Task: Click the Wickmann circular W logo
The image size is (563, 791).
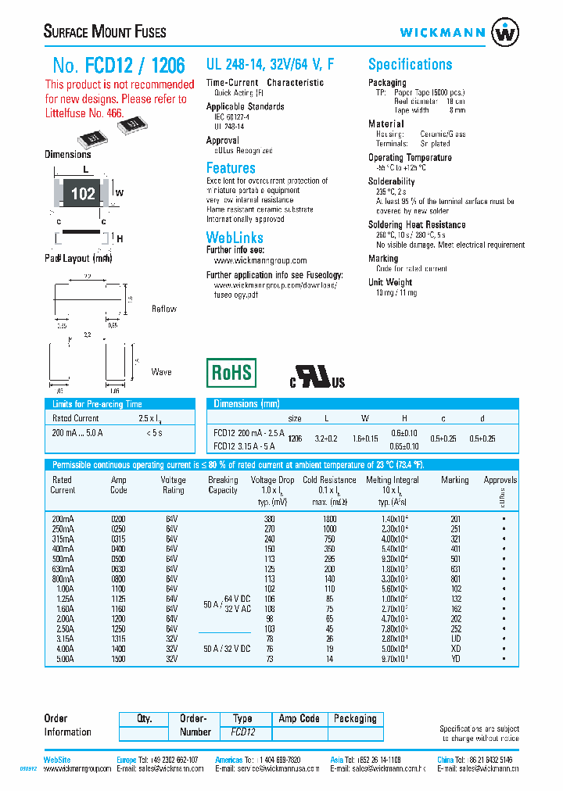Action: tap(504, 33)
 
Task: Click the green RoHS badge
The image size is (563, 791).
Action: tap(231, 373)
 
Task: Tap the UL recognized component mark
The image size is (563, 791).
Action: tap(317, 377)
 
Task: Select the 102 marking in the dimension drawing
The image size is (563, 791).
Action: tap(83, 194)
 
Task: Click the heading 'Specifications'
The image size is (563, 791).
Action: tap(410, 65)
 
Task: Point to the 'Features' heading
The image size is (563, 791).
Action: tap(231, 168)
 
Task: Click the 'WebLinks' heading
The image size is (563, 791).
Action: tap(234, 237)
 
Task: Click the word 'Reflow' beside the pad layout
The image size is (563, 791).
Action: tap(164, 309)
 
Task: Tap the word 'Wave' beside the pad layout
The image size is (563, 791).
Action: tap(161, 372)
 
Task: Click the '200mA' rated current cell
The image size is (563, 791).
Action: tap(63, 519)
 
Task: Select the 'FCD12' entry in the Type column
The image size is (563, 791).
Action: tap(242, 733)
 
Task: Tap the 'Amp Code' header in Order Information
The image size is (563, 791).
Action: tap(299, 718)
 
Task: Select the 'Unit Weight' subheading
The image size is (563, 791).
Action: tap(390, 282)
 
